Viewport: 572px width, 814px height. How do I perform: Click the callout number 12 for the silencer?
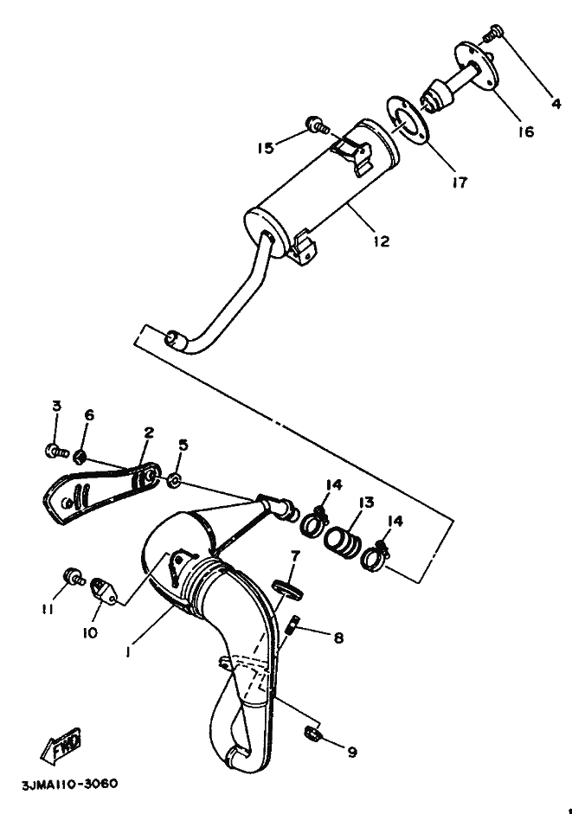pyautogui.click(x=381, y=241)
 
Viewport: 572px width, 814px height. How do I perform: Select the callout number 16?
pyautogui.click(x=527, y=131)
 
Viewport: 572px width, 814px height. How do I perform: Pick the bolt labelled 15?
pyautogui.click(x=317, y=127)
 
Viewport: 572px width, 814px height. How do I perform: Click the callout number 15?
pyautogui.click(x=265, y=148)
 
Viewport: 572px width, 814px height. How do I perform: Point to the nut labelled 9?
pyautogui.click(x=313, y=735)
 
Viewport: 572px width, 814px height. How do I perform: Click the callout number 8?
pyautogui.click(x=338, y=638)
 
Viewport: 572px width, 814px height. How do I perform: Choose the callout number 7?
pyautogui.click(x=295, y=554)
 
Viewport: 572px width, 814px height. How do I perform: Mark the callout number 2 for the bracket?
pyautogui.click(x=148, y=433)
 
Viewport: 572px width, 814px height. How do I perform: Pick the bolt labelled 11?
pyautogui.click(x=72, y=575)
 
